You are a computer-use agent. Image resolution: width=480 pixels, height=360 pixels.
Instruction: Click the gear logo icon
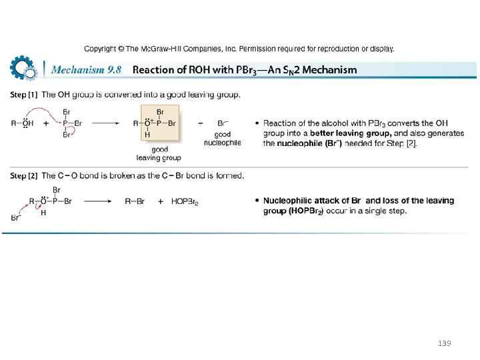pos(23,68)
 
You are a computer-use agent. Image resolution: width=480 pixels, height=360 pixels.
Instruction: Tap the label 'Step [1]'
pos(23,95)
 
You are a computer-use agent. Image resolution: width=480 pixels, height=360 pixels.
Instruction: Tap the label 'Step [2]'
pos(23,176)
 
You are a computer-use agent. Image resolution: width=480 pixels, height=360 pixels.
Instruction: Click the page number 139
pos(444,343)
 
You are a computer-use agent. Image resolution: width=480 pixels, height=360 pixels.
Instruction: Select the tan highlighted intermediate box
pos(160,123)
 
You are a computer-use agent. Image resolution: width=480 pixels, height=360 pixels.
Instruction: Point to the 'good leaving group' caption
pos(159,153)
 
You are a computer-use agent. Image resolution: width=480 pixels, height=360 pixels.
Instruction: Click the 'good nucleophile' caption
pos(223,139)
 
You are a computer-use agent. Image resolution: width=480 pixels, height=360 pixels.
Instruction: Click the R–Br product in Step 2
pos(135,201)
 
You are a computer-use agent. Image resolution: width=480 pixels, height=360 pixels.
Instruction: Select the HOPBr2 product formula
pos(185,201)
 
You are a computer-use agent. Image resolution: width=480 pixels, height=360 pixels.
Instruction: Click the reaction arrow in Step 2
pos(96,201)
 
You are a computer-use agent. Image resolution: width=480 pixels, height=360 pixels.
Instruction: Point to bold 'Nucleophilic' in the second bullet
pos(289,201)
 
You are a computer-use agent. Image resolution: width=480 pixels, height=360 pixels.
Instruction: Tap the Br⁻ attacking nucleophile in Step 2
pos(16,217)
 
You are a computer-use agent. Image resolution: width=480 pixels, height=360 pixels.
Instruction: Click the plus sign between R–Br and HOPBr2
pos(161,201)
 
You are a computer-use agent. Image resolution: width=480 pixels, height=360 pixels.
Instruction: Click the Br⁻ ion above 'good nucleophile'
pos(223,123)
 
